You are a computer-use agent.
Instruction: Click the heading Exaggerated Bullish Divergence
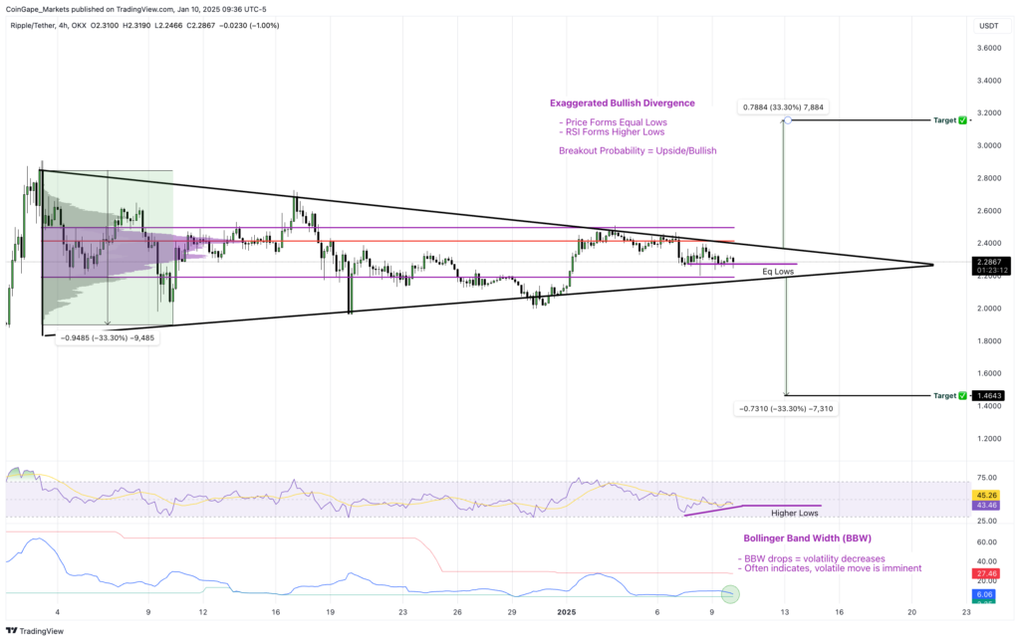pyautogui.click(x=622, y=103)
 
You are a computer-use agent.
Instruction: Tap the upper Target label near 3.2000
pyautogui.click(x=945, y=120)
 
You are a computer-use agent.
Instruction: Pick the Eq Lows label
pyautogui.click(x=778, y=272)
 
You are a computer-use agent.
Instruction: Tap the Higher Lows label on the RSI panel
pyautogui.click(x=795, y=514)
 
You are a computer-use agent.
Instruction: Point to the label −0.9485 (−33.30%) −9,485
pyautogui.click(x=107, y=338)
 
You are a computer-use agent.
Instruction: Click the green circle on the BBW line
pyautogui.click(x=731, y=594)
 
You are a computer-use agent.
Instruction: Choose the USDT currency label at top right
pyautogui.click(x=988, y=25)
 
